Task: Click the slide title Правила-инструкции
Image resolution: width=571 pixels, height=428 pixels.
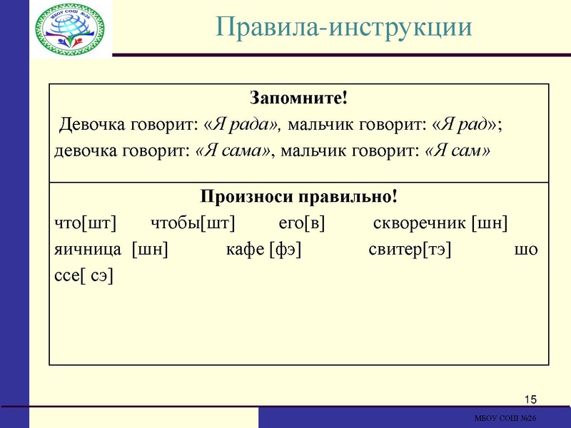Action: point(344,27)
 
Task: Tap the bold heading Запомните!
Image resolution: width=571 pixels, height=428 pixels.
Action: point(298,97)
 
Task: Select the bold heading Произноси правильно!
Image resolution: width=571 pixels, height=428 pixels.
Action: point(298,196)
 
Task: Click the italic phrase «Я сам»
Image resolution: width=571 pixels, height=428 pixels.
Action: point(458,151)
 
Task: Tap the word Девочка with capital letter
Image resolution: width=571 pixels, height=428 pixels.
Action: point(91,124)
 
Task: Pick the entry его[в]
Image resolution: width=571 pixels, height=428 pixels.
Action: point(301,223)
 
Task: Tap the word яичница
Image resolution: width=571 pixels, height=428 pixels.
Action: point(88,250)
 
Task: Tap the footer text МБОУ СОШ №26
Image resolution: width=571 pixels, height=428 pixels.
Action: point(505,418)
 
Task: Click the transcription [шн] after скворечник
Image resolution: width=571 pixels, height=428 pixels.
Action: point(490,223)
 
